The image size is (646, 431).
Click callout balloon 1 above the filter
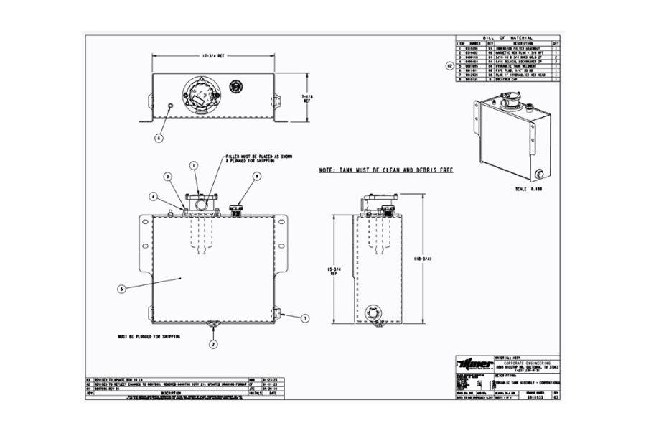[x=193, y=164]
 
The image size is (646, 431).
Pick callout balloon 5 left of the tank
[x=121, y=289]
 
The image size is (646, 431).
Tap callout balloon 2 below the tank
[x=213, y=345]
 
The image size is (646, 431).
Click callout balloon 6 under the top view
[x=159, y=136]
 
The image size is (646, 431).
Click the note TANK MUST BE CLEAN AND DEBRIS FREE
[x=386, y=172]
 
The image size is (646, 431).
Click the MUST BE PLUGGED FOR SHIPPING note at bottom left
[x=148, y=335]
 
